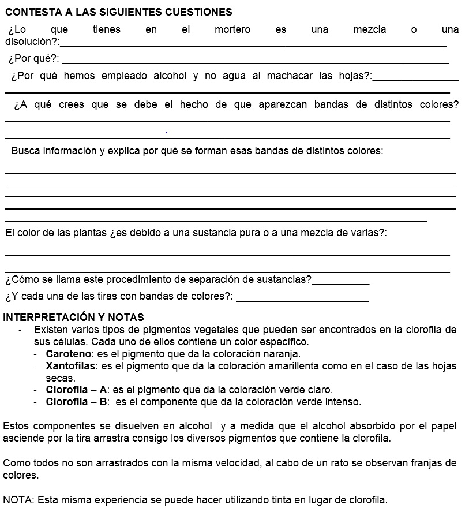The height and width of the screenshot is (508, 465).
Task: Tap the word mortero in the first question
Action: point(232,29)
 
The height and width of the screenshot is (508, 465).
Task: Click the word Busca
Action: point(25,151)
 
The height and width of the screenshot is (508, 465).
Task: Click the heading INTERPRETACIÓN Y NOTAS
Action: point(74,317)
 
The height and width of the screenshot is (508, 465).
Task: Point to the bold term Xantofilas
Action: point(70,366)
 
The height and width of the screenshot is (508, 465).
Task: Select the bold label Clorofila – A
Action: point(76,390)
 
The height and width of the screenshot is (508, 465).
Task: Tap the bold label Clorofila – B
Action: point(76,402)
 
